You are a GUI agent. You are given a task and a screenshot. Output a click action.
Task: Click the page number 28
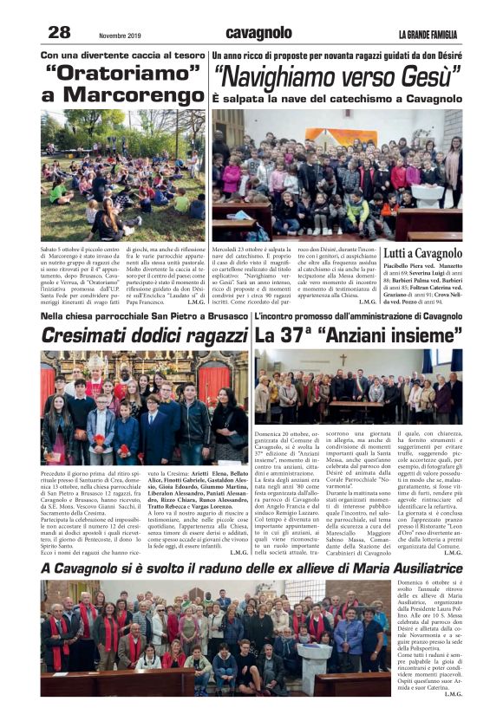tap(58, 32)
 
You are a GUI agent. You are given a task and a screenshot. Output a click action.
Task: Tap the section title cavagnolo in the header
tap(258, 33)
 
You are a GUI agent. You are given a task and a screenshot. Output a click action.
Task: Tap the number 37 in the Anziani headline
tap(296, 335)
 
